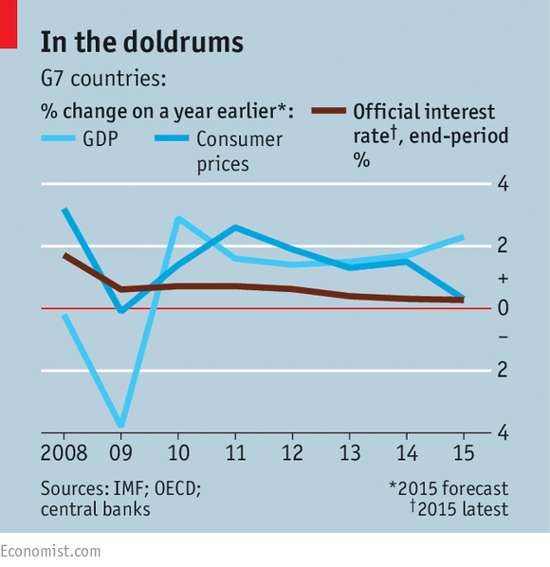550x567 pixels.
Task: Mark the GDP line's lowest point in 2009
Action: (120, 425)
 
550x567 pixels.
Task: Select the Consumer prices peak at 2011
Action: (234, 228)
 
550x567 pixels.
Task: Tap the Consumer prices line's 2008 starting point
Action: (64, 210)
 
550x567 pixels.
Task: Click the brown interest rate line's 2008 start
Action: (64, 255)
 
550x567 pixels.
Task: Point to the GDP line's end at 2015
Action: (463, 236)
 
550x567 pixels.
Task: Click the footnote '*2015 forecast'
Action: (448, 489)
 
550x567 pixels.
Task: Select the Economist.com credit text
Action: (50, 551)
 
